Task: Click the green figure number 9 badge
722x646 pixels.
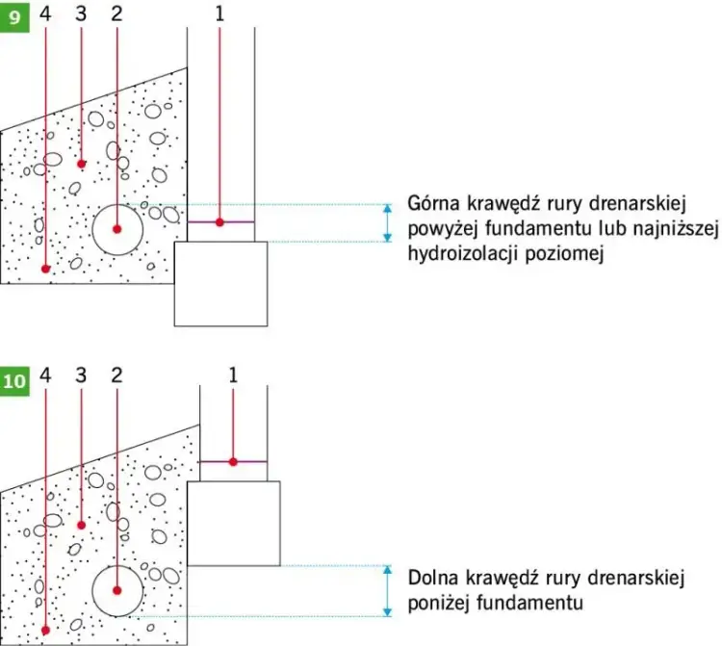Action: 14,16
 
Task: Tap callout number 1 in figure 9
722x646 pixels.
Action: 219,13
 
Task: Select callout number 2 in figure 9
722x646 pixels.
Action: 116,13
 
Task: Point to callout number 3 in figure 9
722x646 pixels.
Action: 81,13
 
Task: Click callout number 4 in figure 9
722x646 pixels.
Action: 45,13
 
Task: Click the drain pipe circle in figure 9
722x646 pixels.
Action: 117,229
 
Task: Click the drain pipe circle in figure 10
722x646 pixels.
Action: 117,590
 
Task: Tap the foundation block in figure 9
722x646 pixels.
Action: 220,284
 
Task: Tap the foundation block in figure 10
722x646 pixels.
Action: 233,523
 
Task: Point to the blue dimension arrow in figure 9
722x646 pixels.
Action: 388,222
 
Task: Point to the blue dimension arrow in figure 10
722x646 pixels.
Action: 388,590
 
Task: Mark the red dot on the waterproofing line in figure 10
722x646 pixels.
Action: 233,462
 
